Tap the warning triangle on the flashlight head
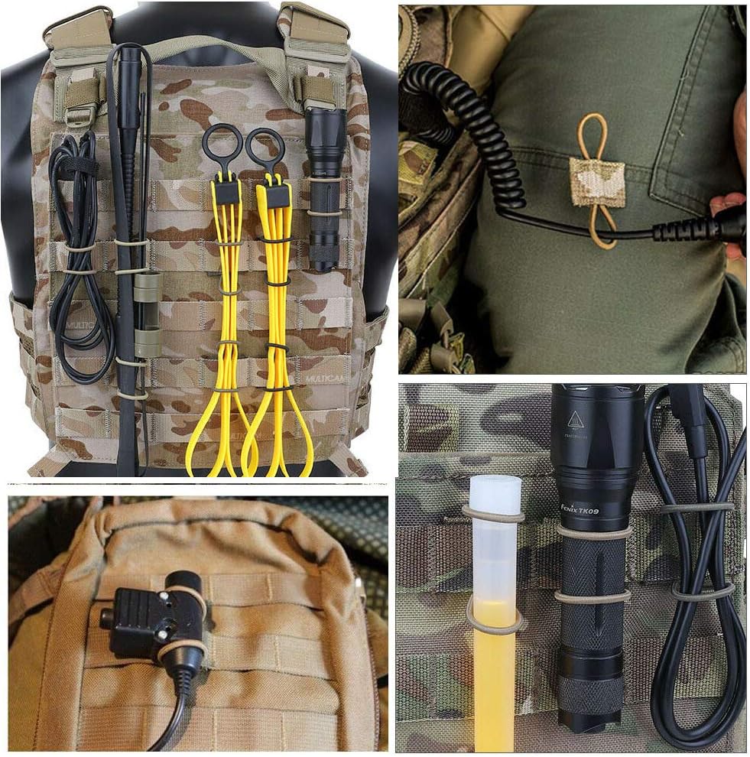coord(576,420)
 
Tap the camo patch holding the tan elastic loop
coord(596,182)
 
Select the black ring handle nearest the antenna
coord(222,142)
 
